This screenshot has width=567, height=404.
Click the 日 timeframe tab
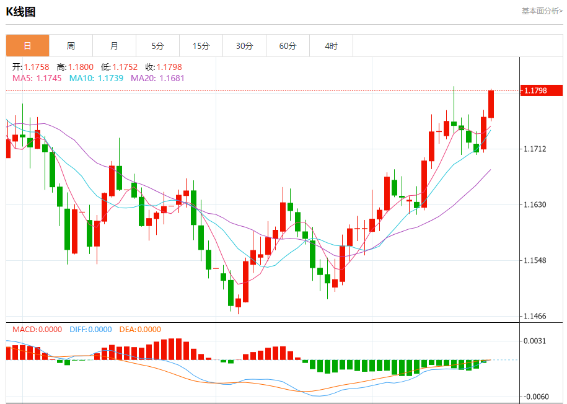pos(27,46)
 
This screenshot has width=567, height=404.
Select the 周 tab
pos(71,46)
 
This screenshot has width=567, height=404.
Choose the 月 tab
pos(114,46)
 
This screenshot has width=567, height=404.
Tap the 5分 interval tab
pos(157,46)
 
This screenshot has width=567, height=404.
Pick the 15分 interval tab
pos(201,46)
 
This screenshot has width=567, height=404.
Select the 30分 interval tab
pos(244,46)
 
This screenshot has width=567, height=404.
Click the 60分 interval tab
pos(288,46)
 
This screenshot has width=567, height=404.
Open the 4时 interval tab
pos(331,46)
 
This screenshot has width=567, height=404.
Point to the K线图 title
pos(20,11)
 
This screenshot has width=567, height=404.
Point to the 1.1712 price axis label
pos(535,149)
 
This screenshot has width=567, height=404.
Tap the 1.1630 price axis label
pos(535,204)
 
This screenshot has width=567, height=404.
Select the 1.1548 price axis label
pos(535,260)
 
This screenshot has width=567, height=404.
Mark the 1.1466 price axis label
pos(535,316)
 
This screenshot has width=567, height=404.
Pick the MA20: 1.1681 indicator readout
pos(157,78)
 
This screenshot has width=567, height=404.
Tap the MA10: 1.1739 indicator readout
pos(96,78)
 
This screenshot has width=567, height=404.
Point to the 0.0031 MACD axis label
pos(535,341)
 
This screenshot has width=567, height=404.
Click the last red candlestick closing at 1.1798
pos(491,104)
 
